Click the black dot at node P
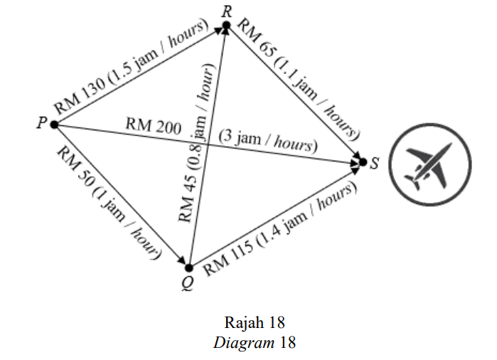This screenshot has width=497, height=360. [54, 125]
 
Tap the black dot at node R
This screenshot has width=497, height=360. [226, 25]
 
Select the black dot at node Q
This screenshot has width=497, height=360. [189, 268]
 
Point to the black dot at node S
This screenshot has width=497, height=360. [363, 162]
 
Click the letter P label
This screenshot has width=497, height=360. [41, 123]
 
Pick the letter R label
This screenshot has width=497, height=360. [227, 11]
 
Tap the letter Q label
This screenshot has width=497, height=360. [188, 283]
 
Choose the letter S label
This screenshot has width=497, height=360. [374, 164]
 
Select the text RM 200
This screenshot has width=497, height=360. [154, 125]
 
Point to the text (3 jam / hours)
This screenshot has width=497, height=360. [268, 142]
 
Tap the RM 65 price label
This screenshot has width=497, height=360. [257, 38]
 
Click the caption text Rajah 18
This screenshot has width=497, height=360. [255, 322]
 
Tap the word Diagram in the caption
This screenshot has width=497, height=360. [244, 343]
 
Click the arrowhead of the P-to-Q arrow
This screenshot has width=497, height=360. [181, 260]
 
